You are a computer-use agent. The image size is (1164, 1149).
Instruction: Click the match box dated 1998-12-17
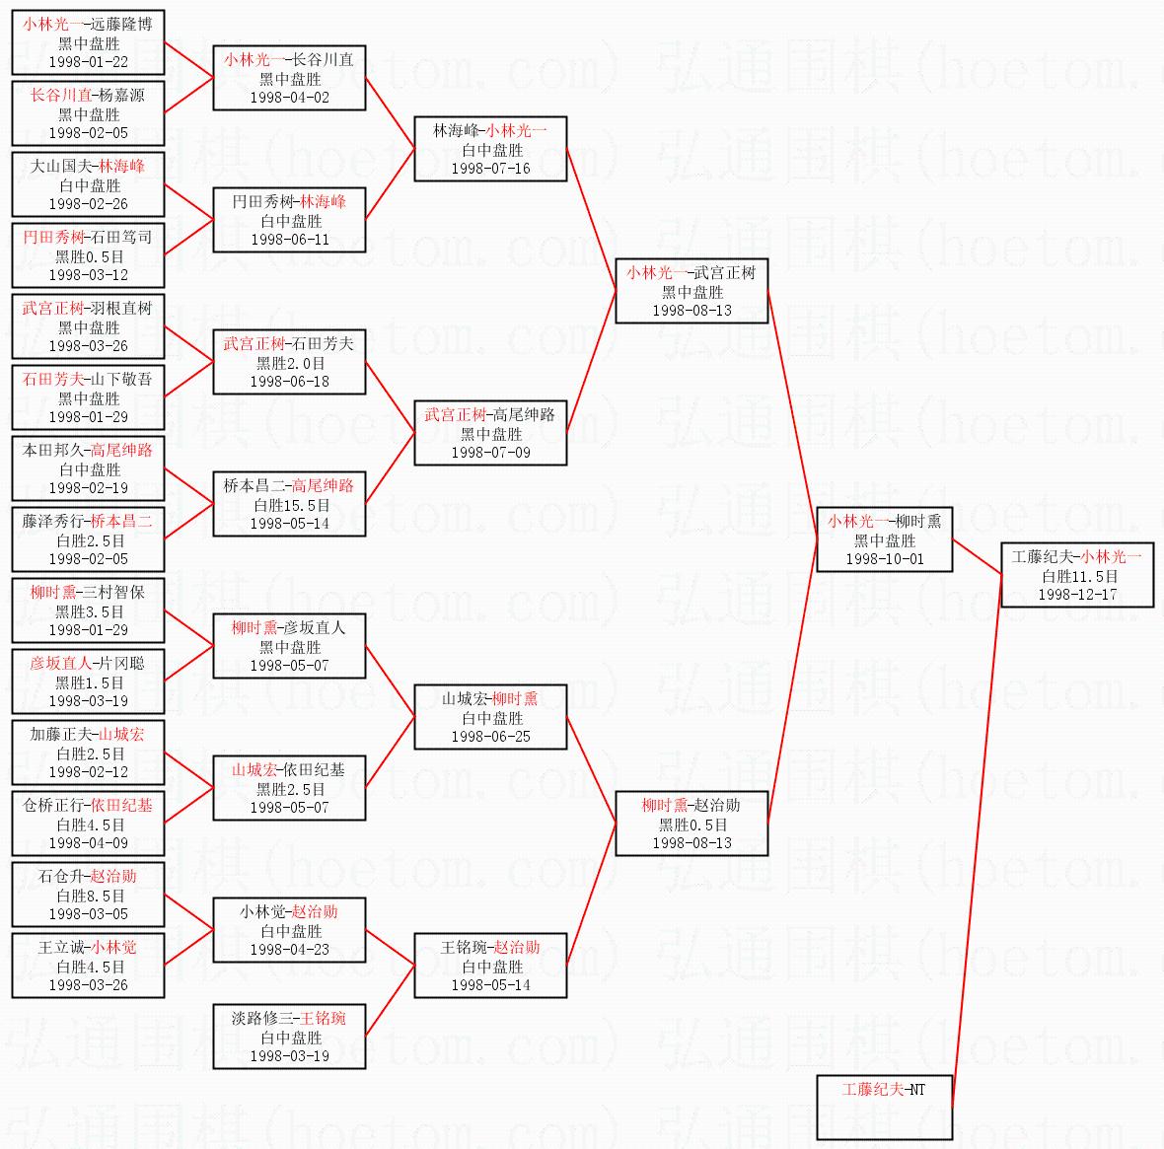(1077, 575)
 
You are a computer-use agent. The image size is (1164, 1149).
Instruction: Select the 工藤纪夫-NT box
(885, 1107)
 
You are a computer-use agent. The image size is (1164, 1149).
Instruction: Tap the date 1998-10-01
(885, 559)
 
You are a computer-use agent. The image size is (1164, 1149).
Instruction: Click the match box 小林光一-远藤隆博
(88, 42)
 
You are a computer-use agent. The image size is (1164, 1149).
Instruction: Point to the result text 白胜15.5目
(290, 505)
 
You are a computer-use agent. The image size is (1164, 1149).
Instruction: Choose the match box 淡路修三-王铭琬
(289, 1037)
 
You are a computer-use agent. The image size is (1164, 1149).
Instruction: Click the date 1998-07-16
(490, 169)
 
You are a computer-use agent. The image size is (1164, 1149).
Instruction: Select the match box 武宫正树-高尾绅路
(490, 433)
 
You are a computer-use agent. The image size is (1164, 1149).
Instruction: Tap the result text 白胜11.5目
(1078, 576)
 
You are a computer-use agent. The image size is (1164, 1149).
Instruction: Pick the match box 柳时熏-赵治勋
(691, 824)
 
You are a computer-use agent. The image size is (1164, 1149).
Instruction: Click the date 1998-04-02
(290, 98)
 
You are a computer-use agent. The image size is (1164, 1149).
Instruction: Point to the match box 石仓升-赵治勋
(88, 895)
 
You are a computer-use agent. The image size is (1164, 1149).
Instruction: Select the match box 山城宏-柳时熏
(490, 717)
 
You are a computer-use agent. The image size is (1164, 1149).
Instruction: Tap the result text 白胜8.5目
(89, 896)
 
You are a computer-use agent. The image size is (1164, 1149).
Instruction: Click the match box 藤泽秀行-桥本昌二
(88, 539)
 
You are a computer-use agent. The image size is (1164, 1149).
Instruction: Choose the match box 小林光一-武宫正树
(691, 291)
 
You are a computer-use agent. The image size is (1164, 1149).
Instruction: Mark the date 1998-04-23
(290, 950)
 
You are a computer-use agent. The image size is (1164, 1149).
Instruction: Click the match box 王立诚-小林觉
(88, 966)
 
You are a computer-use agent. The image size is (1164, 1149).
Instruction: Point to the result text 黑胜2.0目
(290, 363)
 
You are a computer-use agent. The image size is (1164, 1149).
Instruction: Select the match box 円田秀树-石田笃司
(88, 255)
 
